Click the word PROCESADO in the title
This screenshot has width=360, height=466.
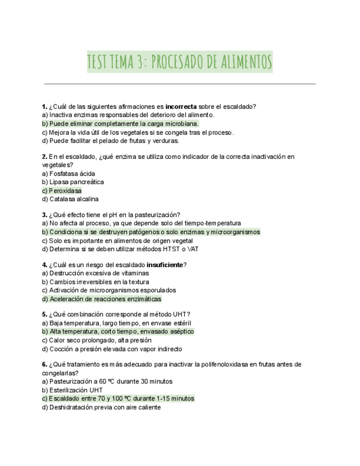pyautogui.click(x=178, y=62)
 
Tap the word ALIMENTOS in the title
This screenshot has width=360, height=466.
pyautogui.click(x=243, y=62)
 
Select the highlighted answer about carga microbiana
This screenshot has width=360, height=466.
pyautogui.click(x=120, y=124)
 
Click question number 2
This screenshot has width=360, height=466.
pyautogui.click(x=44, y=157)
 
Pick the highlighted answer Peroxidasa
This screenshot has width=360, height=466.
pyautogui.click(x=62, y=191)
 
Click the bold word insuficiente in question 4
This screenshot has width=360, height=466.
pyautogui.click(x=164, y=265)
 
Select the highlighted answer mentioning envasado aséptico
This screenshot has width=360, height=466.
pyautogui.click(x=118, y=331)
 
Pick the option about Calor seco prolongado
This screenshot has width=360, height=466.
pyautogui.click(x=93, y=340)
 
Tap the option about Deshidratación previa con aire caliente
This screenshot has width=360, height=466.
pyautogui.click(x=104, y=407)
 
